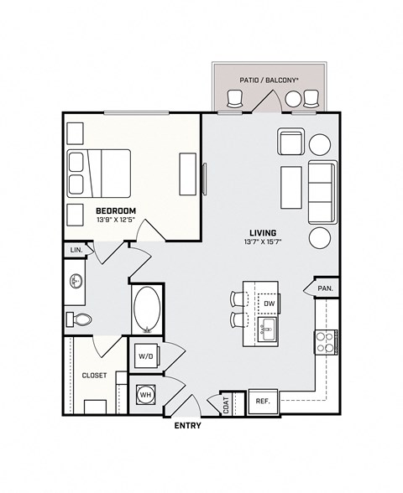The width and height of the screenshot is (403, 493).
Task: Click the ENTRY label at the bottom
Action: pos(187,426)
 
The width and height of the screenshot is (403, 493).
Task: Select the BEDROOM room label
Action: pos(116,210)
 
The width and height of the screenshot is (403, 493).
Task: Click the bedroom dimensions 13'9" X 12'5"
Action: pos(116,221)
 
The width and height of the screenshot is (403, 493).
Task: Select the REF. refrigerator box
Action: pos(262,402)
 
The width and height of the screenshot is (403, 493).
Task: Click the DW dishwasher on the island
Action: pos(269,304)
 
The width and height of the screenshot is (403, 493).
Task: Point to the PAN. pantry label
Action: pos(326,288)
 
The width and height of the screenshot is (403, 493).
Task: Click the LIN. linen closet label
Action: pos(76,250)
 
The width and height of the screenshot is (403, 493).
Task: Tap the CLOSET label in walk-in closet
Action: pos(94,376)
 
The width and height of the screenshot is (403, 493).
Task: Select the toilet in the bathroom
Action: pos(80,319)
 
